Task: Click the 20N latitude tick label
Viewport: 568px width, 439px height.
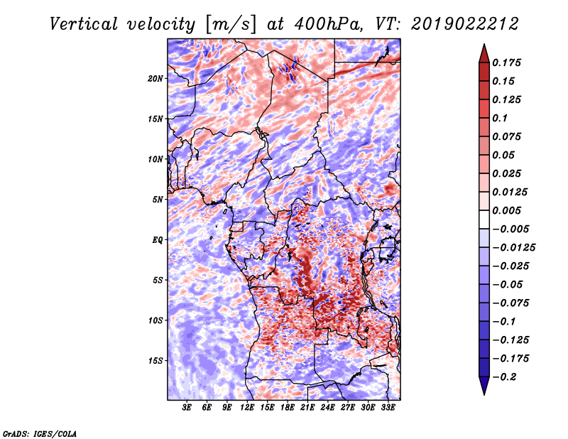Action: (155, 79)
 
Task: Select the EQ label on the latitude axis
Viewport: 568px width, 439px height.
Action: (157, 240)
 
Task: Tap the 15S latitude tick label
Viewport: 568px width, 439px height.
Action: (155, 361)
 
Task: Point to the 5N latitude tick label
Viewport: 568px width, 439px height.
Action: (158, 200)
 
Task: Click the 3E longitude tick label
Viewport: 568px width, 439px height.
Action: (187, 408)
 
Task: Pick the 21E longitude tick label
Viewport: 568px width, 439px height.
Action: (307, 408)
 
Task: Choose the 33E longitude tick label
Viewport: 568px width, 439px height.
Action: (388, 408)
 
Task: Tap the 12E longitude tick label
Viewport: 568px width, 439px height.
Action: (247, 408)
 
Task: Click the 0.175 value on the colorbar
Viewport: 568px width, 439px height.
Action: (506, 63)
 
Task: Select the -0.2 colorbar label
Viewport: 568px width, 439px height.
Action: (504, 377)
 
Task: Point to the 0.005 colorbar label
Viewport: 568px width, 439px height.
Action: (506, 210)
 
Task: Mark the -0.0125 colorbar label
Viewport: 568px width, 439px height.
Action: (513, 248)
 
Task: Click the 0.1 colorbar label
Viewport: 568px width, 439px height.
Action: (500, 118)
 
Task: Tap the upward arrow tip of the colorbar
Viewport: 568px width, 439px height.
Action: (484, 44)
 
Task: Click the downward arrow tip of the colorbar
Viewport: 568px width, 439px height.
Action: (484, 394)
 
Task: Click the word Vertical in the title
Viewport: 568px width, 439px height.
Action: (83, 24)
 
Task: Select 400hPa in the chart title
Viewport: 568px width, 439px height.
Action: (328, 24)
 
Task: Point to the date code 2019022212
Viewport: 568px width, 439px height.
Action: (465, 24)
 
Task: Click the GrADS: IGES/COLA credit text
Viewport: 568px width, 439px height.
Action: (40, 433)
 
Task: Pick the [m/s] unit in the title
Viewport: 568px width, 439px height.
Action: (231, 25)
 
